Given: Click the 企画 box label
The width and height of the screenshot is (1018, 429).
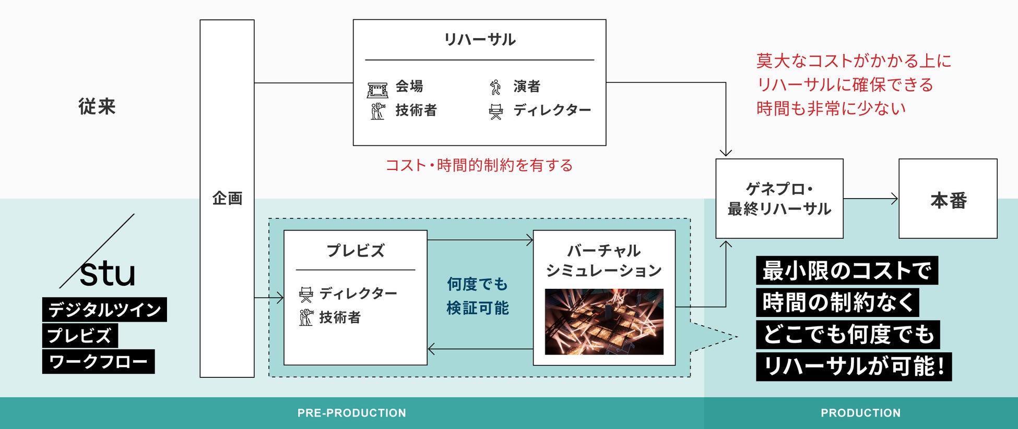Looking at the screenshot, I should tap(227, 199).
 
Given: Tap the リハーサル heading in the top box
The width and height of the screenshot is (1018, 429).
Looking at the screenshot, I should tap(479, 40).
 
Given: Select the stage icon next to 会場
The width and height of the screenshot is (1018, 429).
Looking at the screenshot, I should tap(377, 90).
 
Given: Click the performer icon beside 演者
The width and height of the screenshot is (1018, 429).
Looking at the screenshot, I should tap(495, 87).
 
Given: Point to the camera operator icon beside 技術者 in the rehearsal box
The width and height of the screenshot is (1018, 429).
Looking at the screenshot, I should tap(377, 111).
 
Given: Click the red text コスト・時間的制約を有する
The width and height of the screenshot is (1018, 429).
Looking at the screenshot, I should tap(479, 165).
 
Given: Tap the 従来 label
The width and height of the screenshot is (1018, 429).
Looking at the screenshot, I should tap(97, 106).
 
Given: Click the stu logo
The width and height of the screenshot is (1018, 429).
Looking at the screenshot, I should tap(106, 272).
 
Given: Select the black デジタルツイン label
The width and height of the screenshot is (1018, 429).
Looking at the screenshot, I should tap(104, 310).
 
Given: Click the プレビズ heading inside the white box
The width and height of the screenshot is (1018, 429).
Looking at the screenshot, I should tap(355, 251).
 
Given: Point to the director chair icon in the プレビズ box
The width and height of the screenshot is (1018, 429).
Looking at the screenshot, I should tap(306, 295).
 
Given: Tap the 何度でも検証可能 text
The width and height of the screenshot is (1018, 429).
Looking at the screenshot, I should tap(477, 296).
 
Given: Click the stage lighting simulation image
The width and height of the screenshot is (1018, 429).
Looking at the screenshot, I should tap(604, 322).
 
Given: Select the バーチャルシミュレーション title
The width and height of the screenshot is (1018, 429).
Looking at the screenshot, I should tap(604, 261).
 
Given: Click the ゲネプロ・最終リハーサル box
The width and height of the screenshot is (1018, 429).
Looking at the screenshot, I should tap(779, 199).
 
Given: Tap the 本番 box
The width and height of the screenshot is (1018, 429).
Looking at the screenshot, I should tap(948, 199).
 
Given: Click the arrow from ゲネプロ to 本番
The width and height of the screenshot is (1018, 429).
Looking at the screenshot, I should tap(871, 199).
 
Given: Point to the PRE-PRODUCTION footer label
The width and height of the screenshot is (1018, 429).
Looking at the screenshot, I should tap(351, 413).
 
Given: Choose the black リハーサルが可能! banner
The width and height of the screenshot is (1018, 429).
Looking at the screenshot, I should tap(854, 366).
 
